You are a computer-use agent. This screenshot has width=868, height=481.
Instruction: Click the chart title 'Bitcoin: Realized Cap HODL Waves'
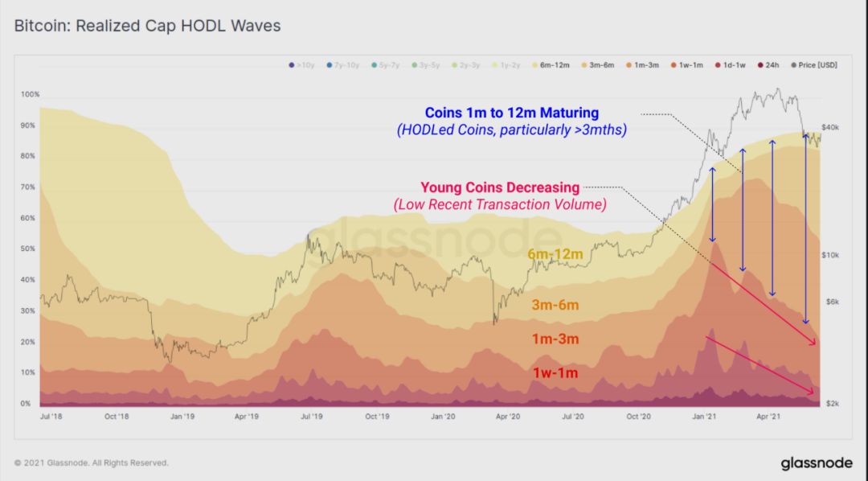[x=148, y=26]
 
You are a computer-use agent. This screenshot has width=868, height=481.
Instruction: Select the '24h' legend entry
[x=772, y=64]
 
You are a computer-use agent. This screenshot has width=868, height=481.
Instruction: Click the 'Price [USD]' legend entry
[x=813, y=64]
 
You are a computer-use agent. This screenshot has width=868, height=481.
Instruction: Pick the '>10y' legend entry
[x=301, y=64]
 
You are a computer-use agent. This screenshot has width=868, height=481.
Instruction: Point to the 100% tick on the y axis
[x=30, y=95]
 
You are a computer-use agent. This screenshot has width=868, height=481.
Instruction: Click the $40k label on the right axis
[x=830, y=128]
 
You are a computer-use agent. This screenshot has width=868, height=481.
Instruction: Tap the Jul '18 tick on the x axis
[x=51, y=417]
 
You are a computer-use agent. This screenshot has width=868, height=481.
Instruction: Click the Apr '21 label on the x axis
[x=770, y=417]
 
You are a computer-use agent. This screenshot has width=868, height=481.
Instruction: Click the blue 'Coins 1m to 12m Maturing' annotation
[x=512, y=113]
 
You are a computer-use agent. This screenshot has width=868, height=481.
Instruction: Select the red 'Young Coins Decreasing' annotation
[x=499, y=188]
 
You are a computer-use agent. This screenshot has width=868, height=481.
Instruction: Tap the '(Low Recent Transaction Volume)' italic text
[x=499, y=205]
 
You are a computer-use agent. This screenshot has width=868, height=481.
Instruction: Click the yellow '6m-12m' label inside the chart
[x=555, y=255]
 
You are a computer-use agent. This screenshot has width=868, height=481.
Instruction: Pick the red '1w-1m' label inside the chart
[x=555, y=373]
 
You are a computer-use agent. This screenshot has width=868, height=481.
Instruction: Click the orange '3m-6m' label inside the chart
[x=555, y=306]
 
